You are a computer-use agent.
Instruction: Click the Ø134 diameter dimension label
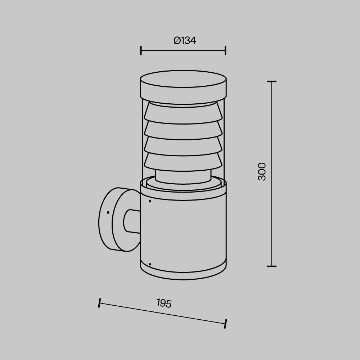coord(184,41)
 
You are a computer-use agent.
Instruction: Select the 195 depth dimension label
coord(164,303)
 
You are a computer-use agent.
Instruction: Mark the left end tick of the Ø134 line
coord(141,50)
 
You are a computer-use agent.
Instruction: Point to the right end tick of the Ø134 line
coord(225,50)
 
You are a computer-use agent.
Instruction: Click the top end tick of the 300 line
coord(271,82)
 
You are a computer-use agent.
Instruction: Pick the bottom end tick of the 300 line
coord(271,266)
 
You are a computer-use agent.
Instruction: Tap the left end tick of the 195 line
coord(99,303)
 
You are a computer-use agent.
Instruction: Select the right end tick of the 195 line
coord(225,324)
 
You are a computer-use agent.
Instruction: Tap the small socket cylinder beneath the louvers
coord(183,176)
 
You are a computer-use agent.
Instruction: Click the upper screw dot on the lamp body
coord(150,201)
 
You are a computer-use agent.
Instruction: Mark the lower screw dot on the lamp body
coord(150,264)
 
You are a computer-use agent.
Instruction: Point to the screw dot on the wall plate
coord(108,213)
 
